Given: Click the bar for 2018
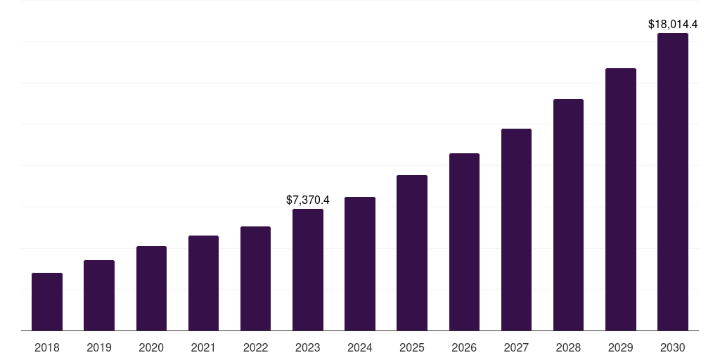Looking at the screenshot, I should tap(47, 302).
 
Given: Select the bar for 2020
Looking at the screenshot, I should tap(151, 288).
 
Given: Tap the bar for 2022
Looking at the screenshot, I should tap(255, 278).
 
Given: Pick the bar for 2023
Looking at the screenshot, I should tap(308, 269).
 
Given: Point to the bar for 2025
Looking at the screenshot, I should tap(412, 252).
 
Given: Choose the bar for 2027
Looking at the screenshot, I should tap(516, 229).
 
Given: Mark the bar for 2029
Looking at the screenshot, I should tap(620, 199).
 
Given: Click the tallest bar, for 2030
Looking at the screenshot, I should tap(673, 181).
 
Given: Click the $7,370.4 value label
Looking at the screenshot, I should tap(308, 200).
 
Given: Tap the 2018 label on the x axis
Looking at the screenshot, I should tap(47, 347).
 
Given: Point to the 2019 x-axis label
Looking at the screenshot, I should tap(99, 347).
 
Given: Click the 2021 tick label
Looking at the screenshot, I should tap(203, 347).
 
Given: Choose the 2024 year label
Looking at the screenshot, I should tap(360, 347).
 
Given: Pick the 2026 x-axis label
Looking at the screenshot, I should tap(464, 347).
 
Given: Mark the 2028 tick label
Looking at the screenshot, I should tap(568, 347).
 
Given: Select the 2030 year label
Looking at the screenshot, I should tap(673, 347).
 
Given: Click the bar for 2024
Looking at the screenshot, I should tap(360, 264).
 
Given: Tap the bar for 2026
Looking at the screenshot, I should tap(464, 242).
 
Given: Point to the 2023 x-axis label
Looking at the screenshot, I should tap(308, 347).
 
